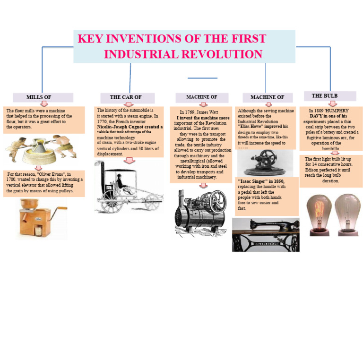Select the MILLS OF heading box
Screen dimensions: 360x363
point(43,97)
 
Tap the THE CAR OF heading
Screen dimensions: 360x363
point(126,97)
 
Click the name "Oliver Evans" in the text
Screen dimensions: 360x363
point(50,174)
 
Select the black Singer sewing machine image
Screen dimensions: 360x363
point(265,234)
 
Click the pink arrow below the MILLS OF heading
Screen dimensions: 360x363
point(44,103)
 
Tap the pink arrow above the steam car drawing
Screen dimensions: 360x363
point(129,161)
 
